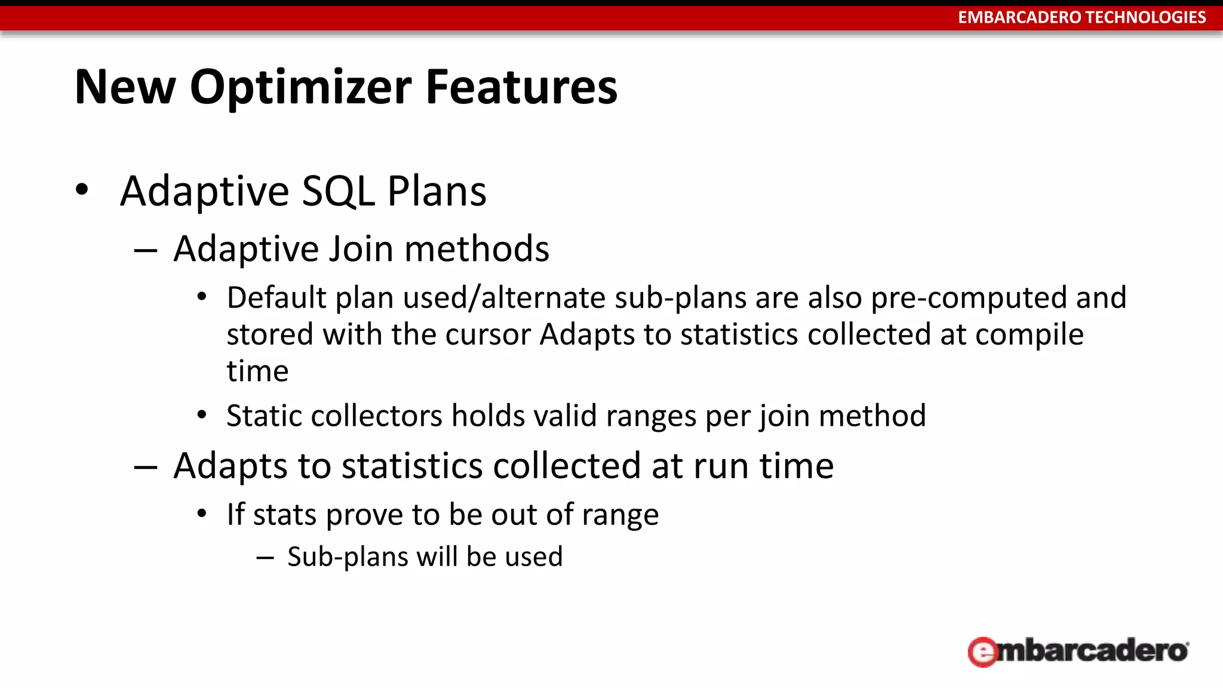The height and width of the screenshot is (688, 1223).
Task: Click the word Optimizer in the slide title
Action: pyautogui.click(x=300, y=87)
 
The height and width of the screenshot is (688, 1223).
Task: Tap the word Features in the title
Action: pyautogui.click(x=521, y=87)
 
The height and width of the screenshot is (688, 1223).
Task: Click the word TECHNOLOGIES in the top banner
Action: pyautogui.click(x=1154, y=17)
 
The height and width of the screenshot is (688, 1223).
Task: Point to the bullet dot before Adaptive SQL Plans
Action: pyautogui.click(x=82, y=190)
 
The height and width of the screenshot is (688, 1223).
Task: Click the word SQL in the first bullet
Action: pyautogui.click(x=339, y=191)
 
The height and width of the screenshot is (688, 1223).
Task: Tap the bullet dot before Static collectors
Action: pyautogui.click(x=202, y=414)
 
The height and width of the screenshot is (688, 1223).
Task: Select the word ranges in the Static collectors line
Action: pyautogui.click(x=651, y=416)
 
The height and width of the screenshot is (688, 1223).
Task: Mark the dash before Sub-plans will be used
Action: pyautogui.click(x=265, y=558)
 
